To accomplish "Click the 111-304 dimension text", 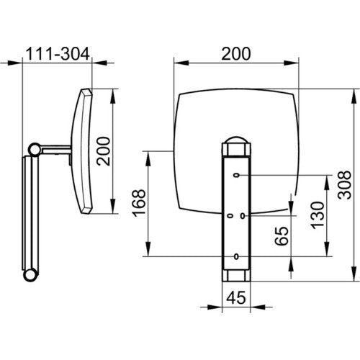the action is (x=58, y=53).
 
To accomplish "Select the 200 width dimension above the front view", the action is (x=236, y=53).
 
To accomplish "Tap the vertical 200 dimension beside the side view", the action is (x=104, y=151).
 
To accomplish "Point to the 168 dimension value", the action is (x=139, y=203).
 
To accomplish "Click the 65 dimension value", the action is (x=282, y=236).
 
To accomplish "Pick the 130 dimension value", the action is (x=317, y=215).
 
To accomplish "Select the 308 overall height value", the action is (x=344, y=185).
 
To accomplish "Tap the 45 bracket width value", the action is (x=236, y=298).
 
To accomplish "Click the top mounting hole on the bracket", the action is (x=237, y=175).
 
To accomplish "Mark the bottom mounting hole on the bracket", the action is (x=236, y=256).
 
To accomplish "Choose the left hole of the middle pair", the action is (x=230, y=216).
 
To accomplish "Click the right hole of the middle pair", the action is (x=243, y=216).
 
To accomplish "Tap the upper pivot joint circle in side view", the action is (x=35, y=150).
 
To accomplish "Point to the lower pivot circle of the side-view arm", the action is (x=30, y=275).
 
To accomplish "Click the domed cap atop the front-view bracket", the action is (x=236, y=140).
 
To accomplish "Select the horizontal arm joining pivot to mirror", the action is (x=56, y=150).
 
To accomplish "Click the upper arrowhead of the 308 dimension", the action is (x=354, y=96).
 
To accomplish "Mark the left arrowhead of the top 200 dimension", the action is (x=181, y=63).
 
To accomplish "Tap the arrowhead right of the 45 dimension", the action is (x=258, y=307).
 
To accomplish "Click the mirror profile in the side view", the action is (x=81, y=151).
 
